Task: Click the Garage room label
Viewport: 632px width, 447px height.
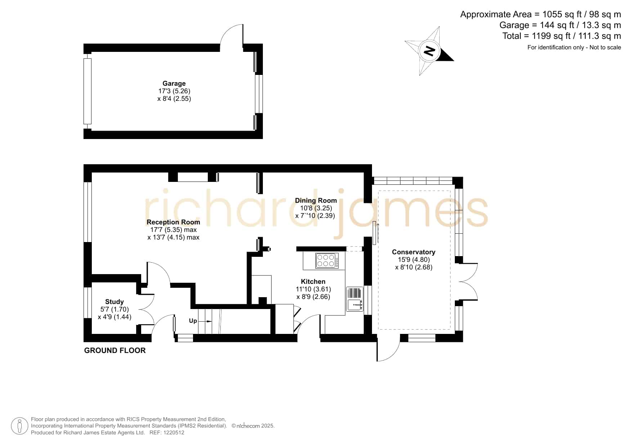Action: pos(174,83)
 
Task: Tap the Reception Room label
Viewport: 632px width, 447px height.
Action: pos(173,222)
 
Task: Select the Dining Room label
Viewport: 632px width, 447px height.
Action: pos(316,201)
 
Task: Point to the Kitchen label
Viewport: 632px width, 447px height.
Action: pos(313,282)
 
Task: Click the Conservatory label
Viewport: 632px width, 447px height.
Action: pos(413,252)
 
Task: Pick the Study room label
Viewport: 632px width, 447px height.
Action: pos(115,302)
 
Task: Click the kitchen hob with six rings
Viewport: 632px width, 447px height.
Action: pos(327,260)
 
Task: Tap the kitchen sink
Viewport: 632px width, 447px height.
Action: pos(355,299)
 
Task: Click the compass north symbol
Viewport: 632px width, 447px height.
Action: pos(429,51)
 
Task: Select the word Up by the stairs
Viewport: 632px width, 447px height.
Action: pos(193,321)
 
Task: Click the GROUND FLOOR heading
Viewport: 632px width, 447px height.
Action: pos(115,350)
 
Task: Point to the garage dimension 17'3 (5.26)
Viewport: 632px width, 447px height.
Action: pos(174,91)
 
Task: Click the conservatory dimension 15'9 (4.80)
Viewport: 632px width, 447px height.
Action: pos(413,260)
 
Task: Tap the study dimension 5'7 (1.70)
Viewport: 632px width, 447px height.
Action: pos(115,309)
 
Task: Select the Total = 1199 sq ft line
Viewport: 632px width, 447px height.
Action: pos(561,36)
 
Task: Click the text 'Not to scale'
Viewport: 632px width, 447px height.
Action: pos(605,47)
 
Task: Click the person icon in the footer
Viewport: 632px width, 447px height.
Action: pos(19,426)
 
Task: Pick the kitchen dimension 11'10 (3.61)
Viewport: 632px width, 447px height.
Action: pos(313,289)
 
